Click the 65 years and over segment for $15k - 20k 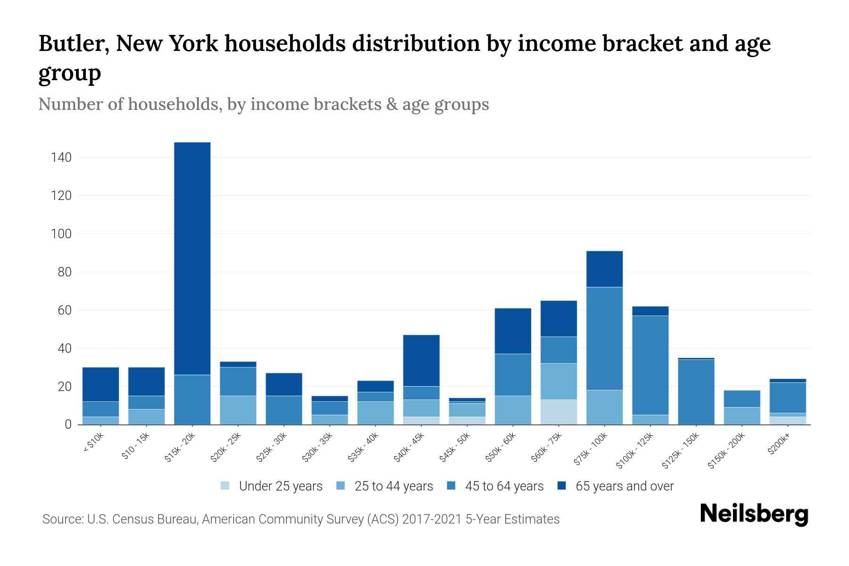tap(192, 258)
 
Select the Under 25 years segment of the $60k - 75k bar tap(558, 412)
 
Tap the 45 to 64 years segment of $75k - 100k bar tap(604, 339)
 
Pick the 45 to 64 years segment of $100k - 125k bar tap(650, 365)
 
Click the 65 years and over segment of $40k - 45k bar tap(421, 360)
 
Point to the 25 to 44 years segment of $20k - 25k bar tap(238, 410)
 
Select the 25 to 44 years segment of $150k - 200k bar tap(742, 416)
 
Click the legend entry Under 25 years tap(280, 486)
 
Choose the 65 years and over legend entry tap(624, 486)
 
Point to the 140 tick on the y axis tap(61, 158)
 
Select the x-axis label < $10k tap(93, 444)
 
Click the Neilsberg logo tap(754, 514)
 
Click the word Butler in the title tap(73, 44)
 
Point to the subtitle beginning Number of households tap(263, 104)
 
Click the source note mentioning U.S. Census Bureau tap(300, 519)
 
